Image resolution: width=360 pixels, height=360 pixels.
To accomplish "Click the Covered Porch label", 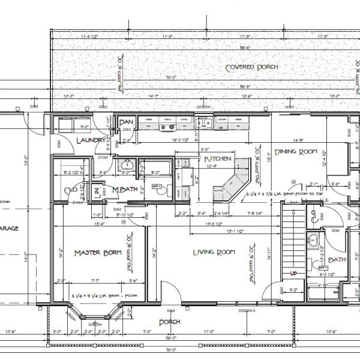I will pos(251,67).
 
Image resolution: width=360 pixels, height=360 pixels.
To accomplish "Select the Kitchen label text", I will pos(217,159).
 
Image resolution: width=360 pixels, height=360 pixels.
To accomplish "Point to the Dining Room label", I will pos(295,152).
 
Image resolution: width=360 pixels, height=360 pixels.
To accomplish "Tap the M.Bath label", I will pos(125,191).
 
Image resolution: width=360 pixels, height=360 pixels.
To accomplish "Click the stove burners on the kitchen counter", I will pos(165,127).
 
